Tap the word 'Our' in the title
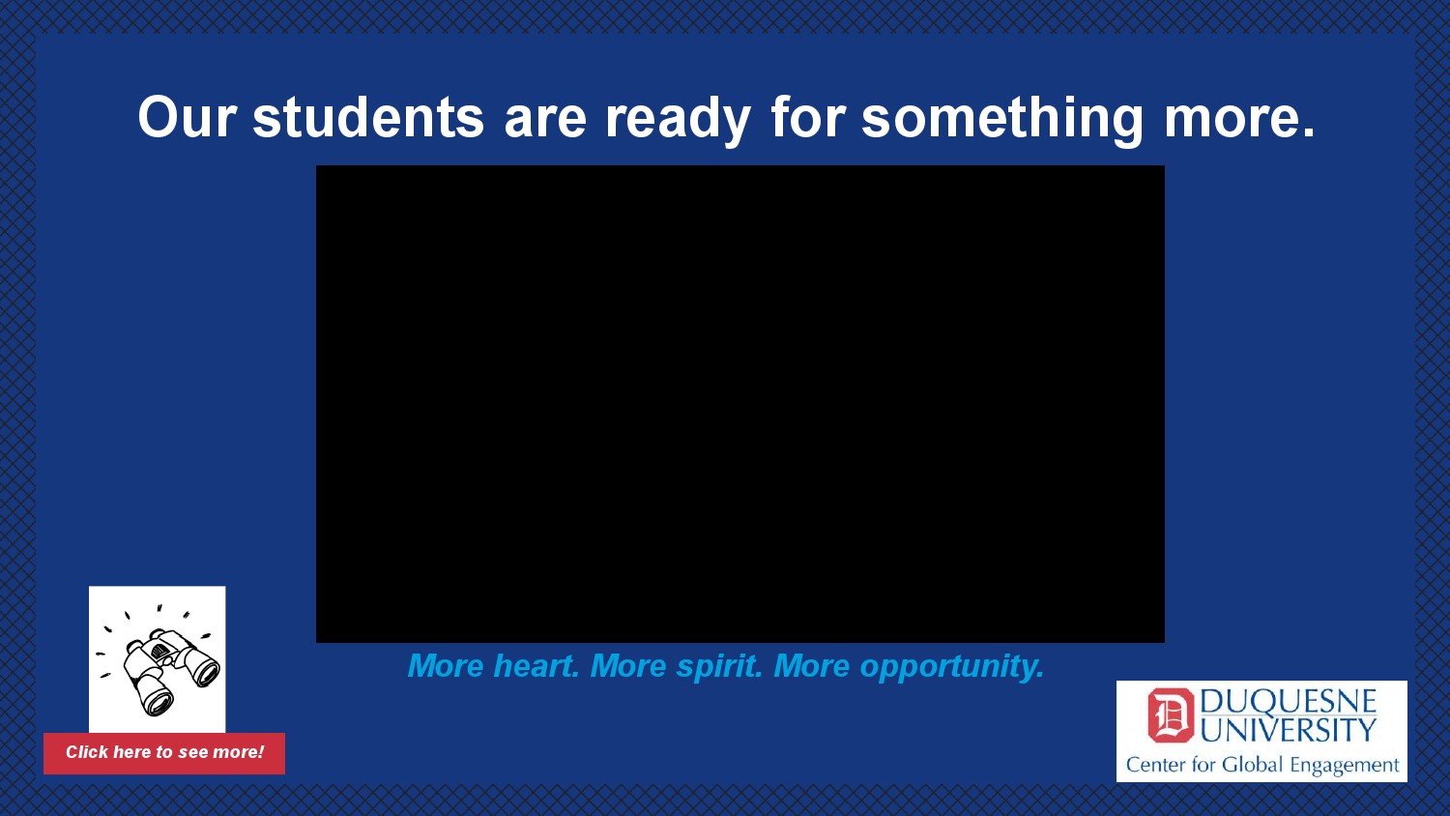tap(187, 117)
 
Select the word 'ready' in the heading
tap(678, 121)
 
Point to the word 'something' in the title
tap(1002, 121)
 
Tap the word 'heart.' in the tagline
tap(536, 666)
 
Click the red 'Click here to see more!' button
tap(164, 753)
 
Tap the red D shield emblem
tap(1171, 715)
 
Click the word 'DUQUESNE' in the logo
tap(1289, 701)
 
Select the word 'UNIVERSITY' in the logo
tap(1289, 730)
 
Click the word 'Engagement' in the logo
tap(1345, 767)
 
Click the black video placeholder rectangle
tap(739, 404)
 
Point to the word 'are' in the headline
tap(545, 122)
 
